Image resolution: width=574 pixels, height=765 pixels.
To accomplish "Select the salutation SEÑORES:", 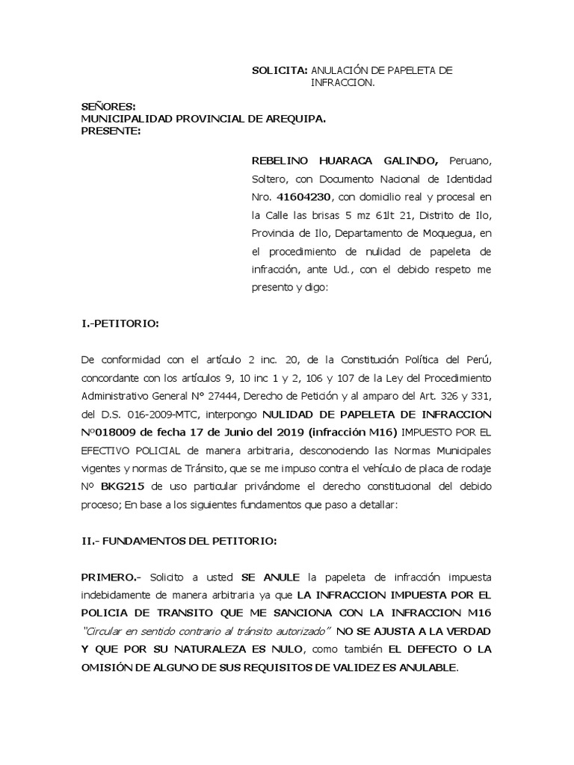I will click(x=108, y=107).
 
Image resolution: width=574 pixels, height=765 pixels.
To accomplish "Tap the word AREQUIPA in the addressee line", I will click(x=286, y=119).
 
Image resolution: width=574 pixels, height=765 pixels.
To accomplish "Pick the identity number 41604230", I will click(x=305, y=197).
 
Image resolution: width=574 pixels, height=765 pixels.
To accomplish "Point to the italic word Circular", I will click(x=105, y=631).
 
